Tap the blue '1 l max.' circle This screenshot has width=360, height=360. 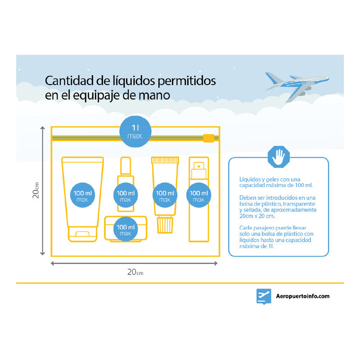[x=135, y=131]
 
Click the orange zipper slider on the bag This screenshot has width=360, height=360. [x=208, y=138]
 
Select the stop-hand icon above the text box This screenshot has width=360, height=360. [x=279, y=157]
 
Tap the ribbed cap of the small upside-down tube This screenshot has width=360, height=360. [x=165, y=224]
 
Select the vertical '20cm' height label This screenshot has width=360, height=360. [x=36, y=190]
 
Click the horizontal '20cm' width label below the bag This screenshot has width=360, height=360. [x=135, y=272]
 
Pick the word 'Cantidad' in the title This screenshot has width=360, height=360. [x=67, y=81]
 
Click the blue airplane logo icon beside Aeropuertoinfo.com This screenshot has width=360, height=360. [x=264, y=296]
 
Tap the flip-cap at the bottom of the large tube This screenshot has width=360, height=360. [x=82, y=234]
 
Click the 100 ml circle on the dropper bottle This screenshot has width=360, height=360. [x=126, y=195]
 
